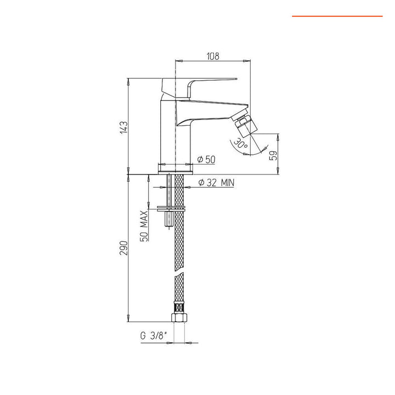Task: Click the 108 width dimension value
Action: (x=213, y=56)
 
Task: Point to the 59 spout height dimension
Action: (x=274, y=155)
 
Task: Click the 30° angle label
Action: (x=240, y=144)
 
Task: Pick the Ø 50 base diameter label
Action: (x=206, y=159)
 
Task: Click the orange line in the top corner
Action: (x=337, y=16)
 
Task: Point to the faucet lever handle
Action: (x=208, y=81)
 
